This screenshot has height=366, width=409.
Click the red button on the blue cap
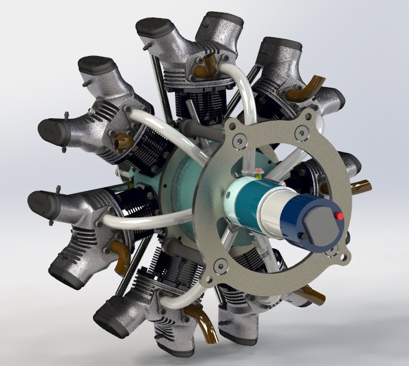[339, 216]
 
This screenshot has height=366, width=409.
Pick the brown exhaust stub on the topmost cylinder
[208, 65]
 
